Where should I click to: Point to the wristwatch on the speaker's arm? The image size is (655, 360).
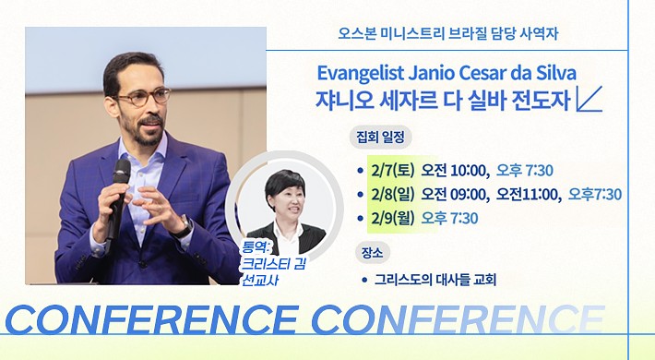(x=185, y=227)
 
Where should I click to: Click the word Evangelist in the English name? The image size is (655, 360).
(x=361, y=74)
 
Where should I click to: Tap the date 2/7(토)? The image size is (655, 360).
(x=392, y=170)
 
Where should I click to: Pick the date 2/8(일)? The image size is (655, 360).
(x=392, y=194)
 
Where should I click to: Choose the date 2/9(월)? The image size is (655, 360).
(x=392, y=218)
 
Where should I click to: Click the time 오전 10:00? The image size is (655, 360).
(x=455, y=170)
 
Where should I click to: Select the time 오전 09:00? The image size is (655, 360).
(x=455, y=194)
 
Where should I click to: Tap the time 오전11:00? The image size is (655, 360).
(x=529, y=194)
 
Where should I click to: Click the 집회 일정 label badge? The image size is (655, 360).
(x=381, y=138)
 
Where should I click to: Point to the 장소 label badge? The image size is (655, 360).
(x=372, y=253)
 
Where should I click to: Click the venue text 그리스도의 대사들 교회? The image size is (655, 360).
(x=435, y=280)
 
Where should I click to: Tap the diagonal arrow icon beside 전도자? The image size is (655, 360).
(x=589, y=99)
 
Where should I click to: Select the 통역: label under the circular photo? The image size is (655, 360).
(x=256, y=248)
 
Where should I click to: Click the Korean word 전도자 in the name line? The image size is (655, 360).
(x=547, y=100)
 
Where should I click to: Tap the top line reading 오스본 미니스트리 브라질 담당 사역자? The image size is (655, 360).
(x=447, y=33)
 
